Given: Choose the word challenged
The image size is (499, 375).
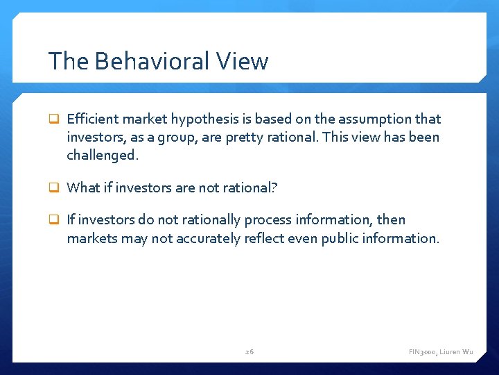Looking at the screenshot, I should click(x=103, y=156).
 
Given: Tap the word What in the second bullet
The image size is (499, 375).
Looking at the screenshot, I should click(x=82, y=187).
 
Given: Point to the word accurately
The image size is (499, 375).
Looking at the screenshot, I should click(x=209, y=238).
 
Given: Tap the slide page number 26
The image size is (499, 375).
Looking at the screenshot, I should click(x=249, y=352).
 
